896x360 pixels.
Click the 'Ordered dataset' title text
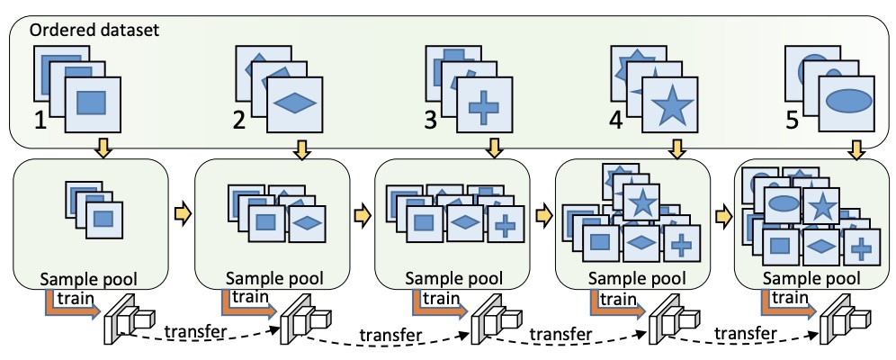pyautogui.click(x=94, y=30)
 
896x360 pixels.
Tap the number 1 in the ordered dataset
pyautogui.click(x=40, y=120)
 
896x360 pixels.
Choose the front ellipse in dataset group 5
pyautogui.click(x=848, y=101)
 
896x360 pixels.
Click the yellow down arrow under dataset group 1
pyautogui.click(x=104, y=148)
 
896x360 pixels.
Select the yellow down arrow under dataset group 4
pyautogui.click(x=676, y=150)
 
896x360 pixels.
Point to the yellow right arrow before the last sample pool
pyautogui.click(x=724, y=217)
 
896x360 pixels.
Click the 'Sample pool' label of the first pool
pyautogui.click(x=89, y=279)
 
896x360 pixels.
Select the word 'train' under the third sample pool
pyautogui.click(x=441, y=298)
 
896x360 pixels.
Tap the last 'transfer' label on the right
pyautogui.click(x=746, y=332)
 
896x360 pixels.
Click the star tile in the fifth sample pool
pyautogui.click(x=821, y=206)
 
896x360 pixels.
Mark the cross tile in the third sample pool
pyautogui.click(x=505, y=225)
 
